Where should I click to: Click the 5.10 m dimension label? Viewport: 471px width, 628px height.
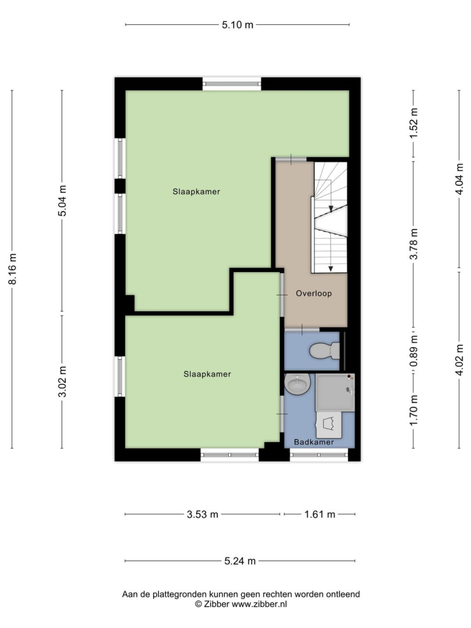pyautogui.click(x=238, y=25)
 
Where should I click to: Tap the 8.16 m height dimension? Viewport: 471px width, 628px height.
pyautogui.click(x=13, y=269)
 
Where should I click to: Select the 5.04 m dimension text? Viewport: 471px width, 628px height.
pyautogui.click(x=62, y=201)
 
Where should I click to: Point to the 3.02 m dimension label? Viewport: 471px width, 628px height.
pyautogui.click(x=62, y=381)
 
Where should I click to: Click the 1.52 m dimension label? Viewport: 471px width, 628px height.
pyautogui.click(x=414, y=123)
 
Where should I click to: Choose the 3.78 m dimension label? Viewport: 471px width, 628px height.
pyautogui.click(x=414, y=244)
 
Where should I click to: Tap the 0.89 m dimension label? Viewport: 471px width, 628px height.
pyautogui.click(x=414, y=351)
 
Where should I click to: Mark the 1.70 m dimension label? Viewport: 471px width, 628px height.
pyautogui.click(x=414, y=410)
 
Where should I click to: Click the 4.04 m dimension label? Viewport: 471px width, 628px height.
pyautogui.click(x=459, y=179)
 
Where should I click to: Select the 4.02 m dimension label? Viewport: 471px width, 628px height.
pyautogui.click(x=459, y=360)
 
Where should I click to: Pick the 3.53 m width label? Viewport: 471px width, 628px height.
pyautogui.click(x=203, y=514)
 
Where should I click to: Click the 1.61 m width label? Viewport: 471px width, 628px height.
pyautogui.click(x=320, y=514)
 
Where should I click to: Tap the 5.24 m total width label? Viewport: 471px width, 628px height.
pyautogui.click(x=240, y=561)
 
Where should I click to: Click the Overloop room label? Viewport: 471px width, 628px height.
pyautogui.click(x=314, y=294)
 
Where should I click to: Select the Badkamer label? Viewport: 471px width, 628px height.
pyautogui.click(x=314, y=442)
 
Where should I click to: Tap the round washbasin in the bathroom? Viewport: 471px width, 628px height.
pyautogui.click(x=298, y=384)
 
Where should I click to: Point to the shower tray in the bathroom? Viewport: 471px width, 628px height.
pyautogui.click(x=335, y=392)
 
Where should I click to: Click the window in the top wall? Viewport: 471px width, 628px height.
pyautogui.click(x=232, y=84)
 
